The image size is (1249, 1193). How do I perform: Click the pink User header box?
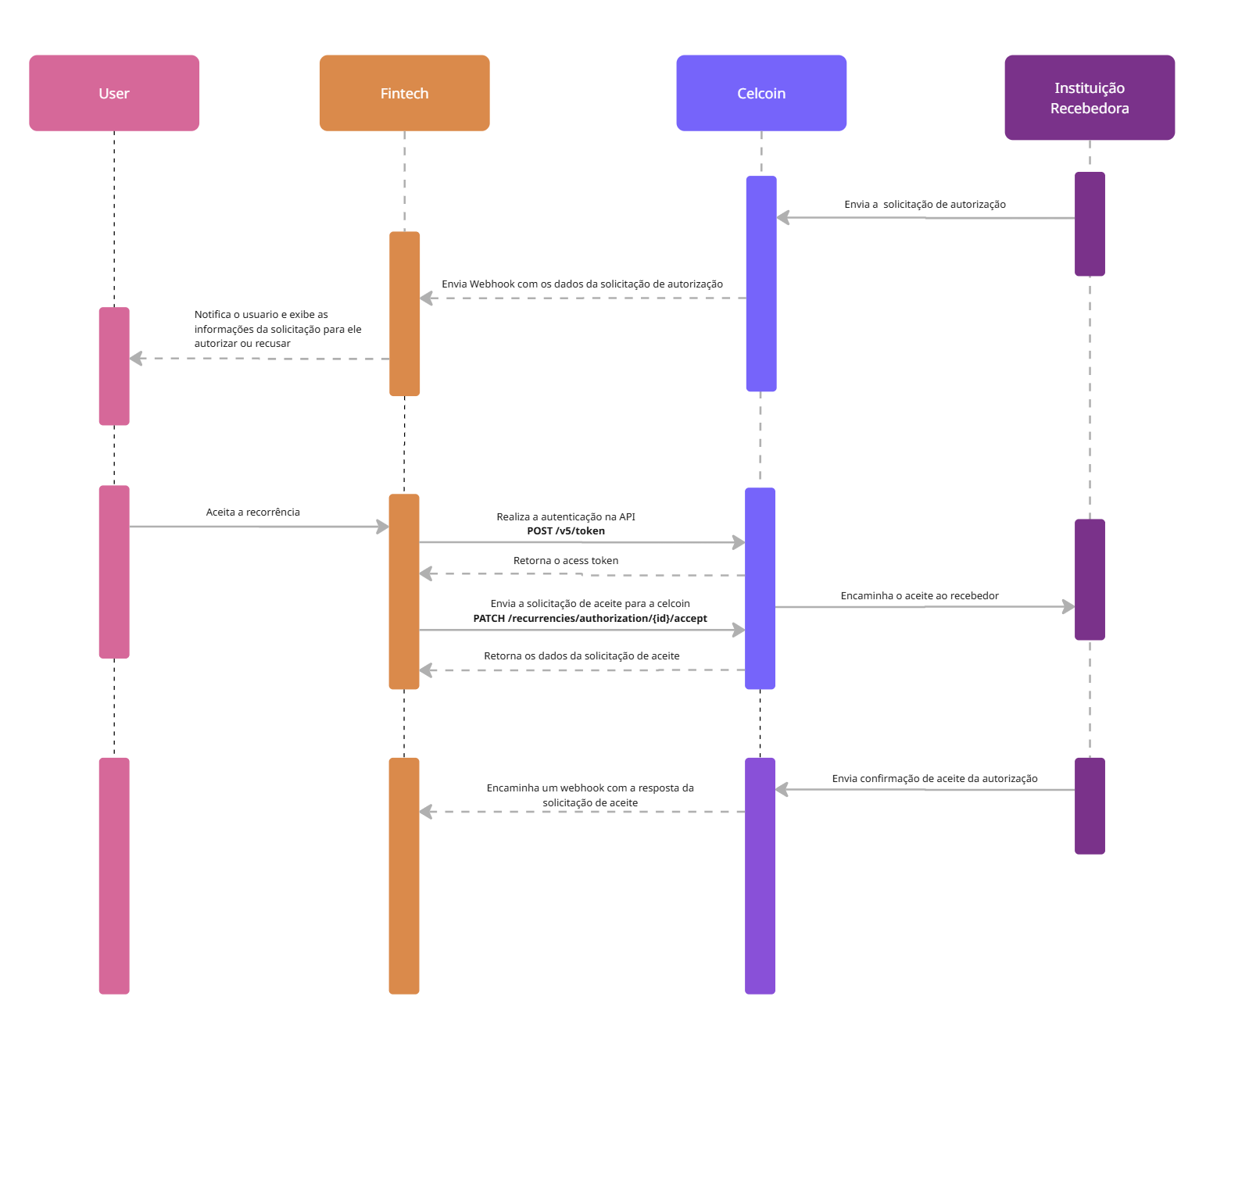pos(114,93)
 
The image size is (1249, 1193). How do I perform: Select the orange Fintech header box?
pos(404,93)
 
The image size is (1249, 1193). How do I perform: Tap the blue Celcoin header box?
pos(761,93)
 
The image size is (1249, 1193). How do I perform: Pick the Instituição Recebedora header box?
pos(1090,98)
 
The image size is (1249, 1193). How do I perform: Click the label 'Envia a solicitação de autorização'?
pos(925,205)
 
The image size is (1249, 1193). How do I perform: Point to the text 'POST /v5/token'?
pos(566,531)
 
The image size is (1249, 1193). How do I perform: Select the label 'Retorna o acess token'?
pos(566,561)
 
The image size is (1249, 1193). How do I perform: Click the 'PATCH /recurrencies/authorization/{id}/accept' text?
pos(590,619)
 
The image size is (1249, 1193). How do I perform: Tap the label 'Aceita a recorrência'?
pos(252,513)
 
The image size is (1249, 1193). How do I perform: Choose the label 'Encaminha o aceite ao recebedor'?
pos(919,596)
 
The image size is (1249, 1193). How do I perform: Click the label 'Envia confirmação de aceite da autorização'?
pos(935,779)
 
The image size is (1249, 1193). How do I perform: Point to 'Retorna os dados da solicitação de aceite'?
pos(582,656)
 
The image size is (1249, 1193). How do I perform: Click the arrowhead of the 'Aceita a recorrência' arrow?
pos(382,527)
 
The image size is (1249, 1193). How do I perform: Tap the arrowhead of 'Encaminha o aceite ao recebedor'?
pos(1068,606)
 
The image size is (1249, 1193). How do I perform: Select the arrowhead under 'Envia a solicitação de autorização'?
pos(783,217)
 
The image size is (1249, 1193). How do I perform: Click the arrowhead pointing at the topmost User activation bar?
pos(137,359)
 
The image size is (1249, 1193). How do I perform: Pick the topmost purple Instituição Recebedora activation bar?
pos(1090,224)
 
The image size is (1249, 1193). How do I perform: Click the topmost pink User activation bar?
pos(114,366)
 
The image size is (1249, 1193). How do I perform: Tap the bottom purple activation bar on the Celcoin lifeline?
pos(760,876)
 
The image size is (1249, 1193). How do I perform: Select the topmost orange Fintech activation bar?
pos(404,314)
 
